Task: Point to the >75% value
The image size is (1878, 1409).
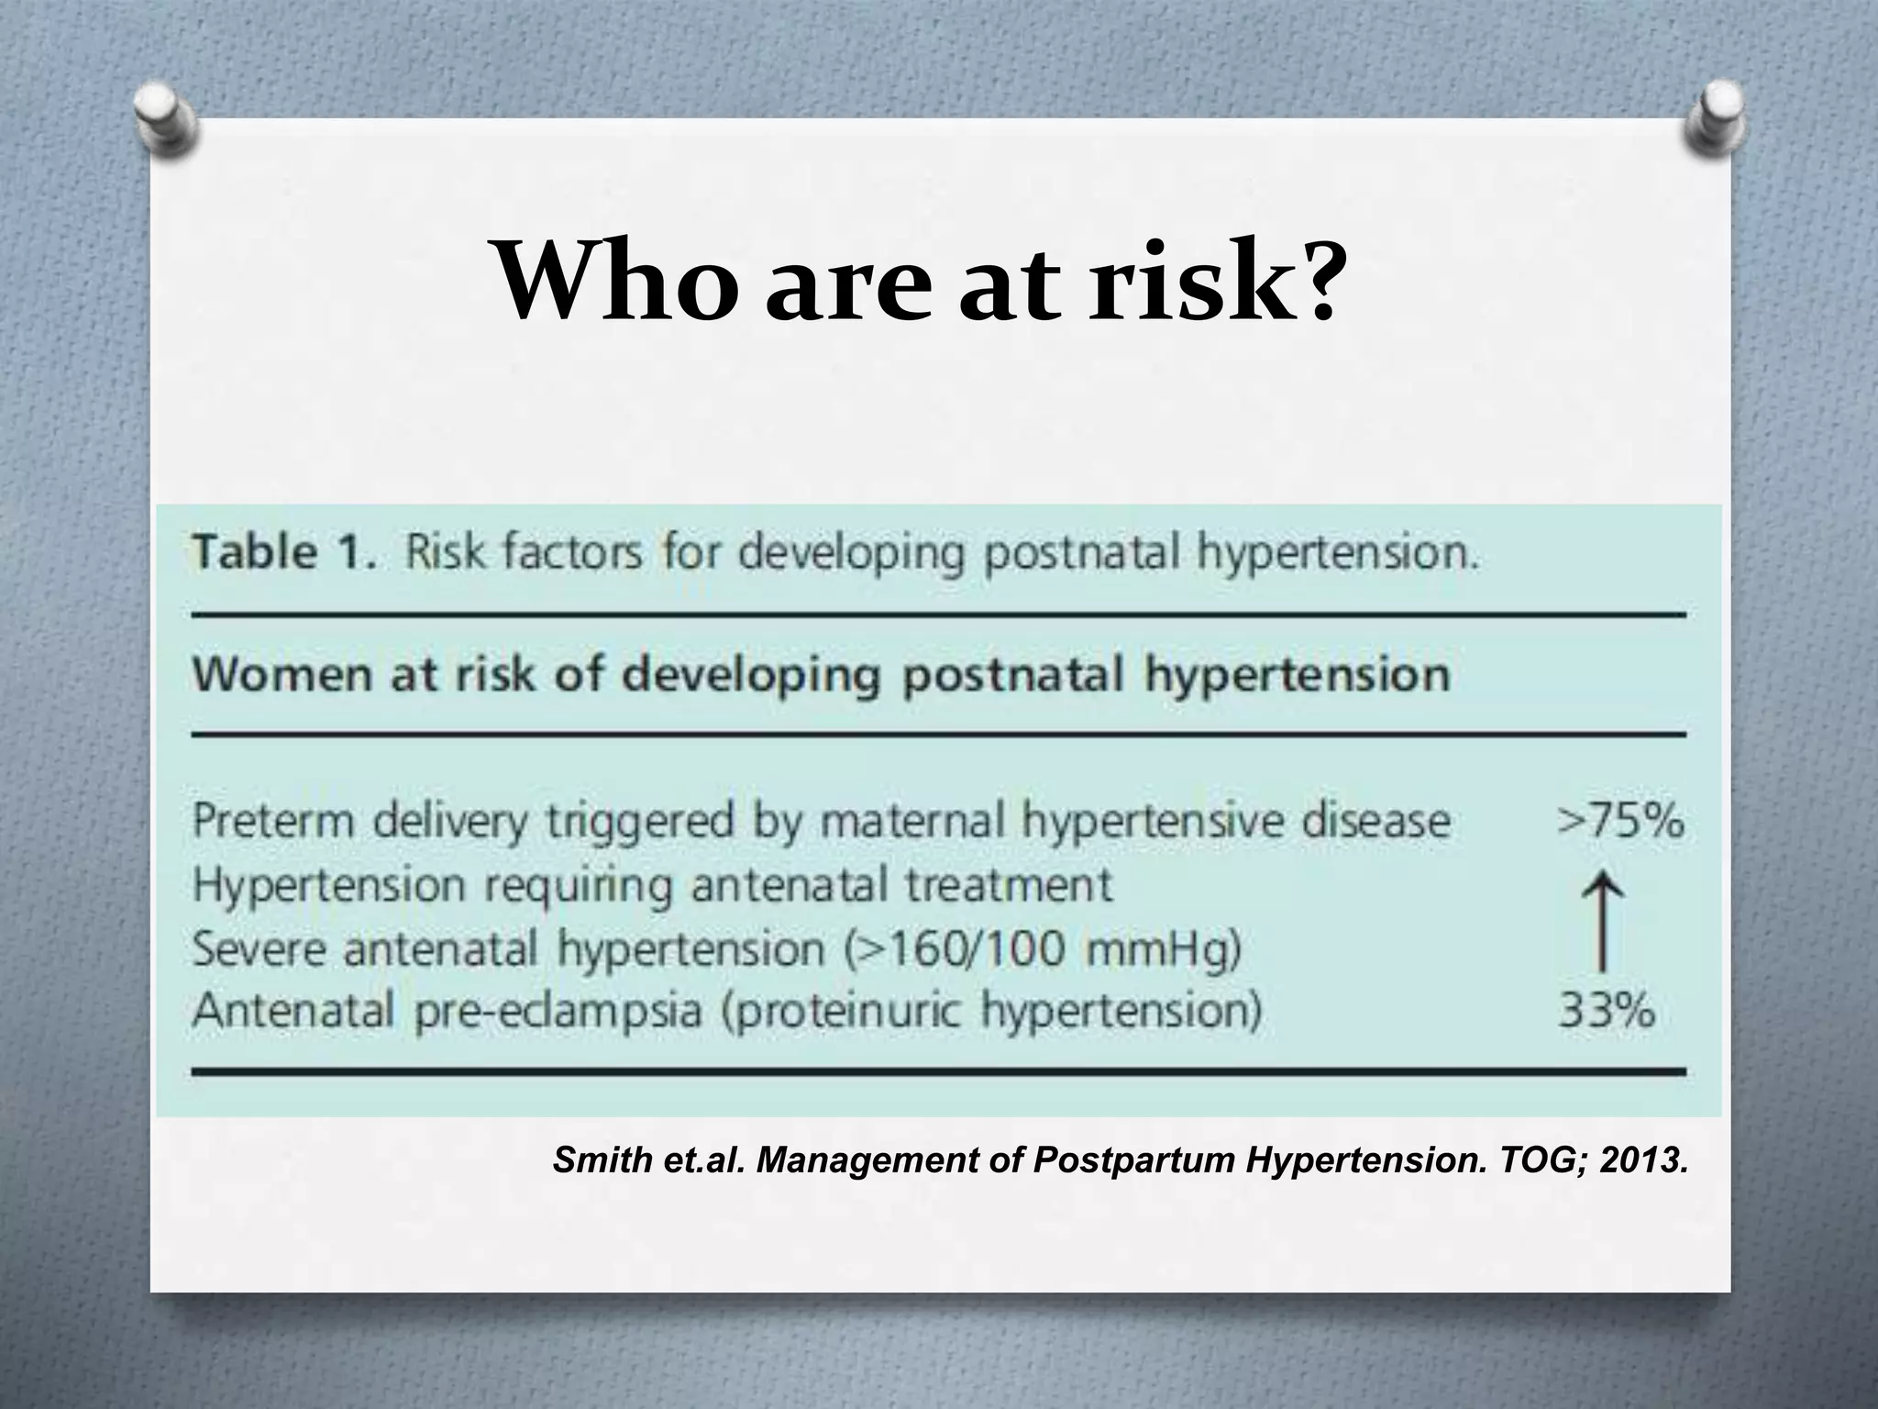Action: tap(1620, 819)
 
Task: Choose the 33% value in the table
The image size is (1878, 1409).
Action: tap(1607, 1012)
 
